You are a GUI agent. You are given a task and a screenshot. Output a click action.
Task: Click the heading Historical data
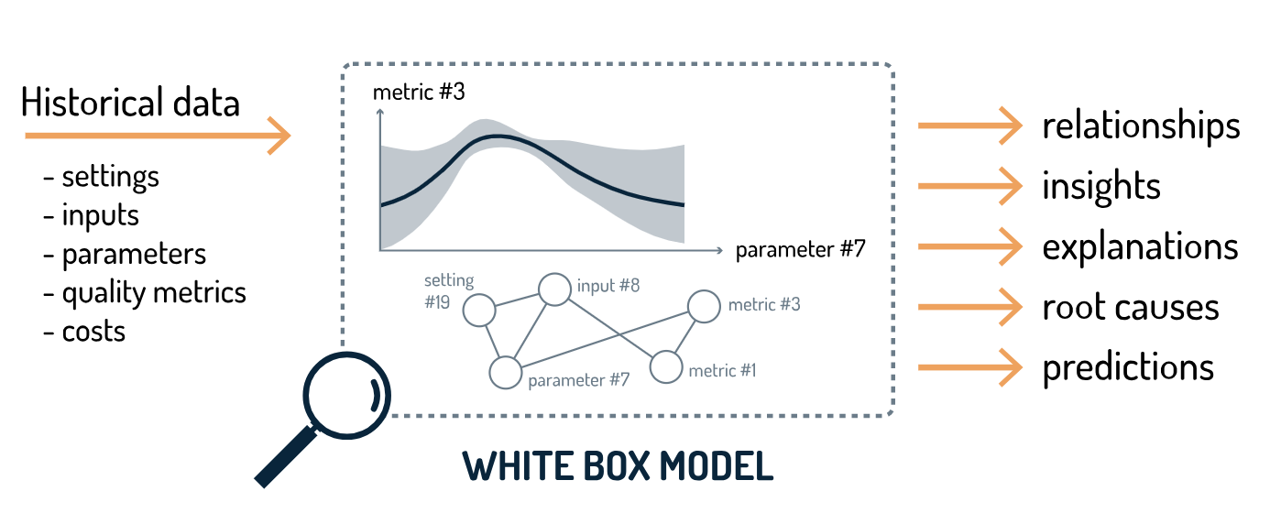tap(130, 102)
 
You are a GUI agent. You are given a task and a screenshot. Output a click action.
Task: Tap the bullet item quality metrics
tap(153, 292)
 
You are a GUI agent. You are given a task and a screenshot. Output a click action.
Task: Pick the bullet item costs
tap(93, 331)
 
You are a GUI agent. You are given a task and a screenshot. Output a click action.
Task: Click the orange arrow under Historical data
tap(156, 136)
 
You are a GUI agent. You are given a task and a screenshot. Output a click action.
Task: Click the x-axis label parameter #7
tap(800, 249)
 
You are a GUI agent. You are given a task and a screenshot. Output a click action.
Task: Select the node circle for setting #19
tap(478, 311)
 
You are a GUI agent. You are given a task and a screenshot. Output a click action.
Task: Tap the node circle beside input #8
tap(554, 289)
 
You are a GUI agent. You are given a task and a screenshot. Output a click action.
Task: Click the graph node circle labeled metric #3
tap(704, 306)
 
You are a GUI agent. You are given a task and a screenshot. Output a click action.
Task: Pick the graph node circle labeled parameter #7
tap(505, 372)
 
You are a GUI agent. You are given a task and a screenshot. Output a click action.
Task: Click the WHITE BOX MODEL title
tap(619, 465)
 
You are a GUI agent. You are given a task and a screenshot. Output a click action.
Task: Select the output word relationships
tap(1141, 126)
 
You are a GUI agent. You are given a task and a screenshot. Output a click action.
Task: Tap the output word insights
tap(1100, 186)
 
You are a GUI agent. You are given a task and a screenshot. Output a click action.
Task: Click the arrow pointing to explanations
tap(969, 246)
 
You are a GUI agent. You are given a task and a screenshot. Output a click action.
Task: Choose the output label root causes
tap(1130, 307)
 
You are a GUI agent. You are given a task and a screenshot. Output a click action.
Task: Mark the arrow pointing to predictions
tap(969, 367)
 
